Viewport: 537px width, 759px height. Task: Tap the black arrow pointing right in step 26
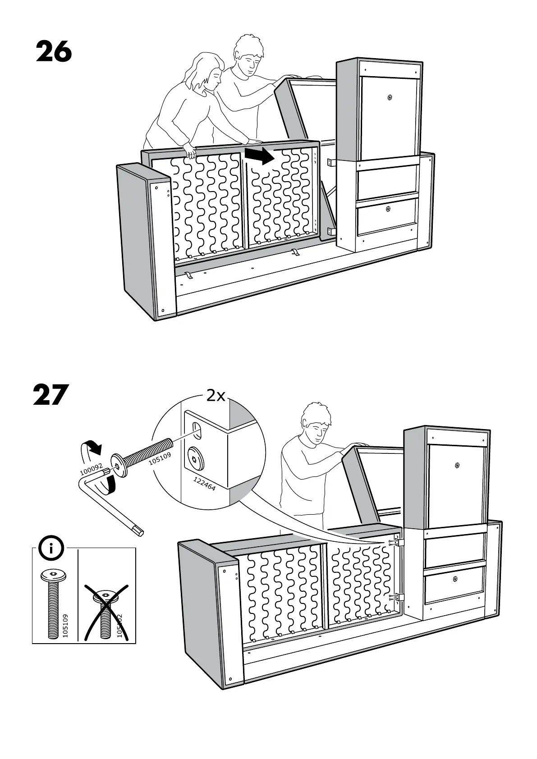pyautogui.click(x=259, y=155)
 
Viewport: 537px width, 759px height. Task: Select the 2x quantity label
pyautogui.click(x=216, y=396)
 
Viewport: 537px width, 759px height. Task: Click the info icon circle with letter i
pyautogui.click(x=51, y=549)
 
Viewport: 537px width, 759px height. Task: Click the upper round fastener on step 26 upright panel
pyautogui.click(x=390, y=97)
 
